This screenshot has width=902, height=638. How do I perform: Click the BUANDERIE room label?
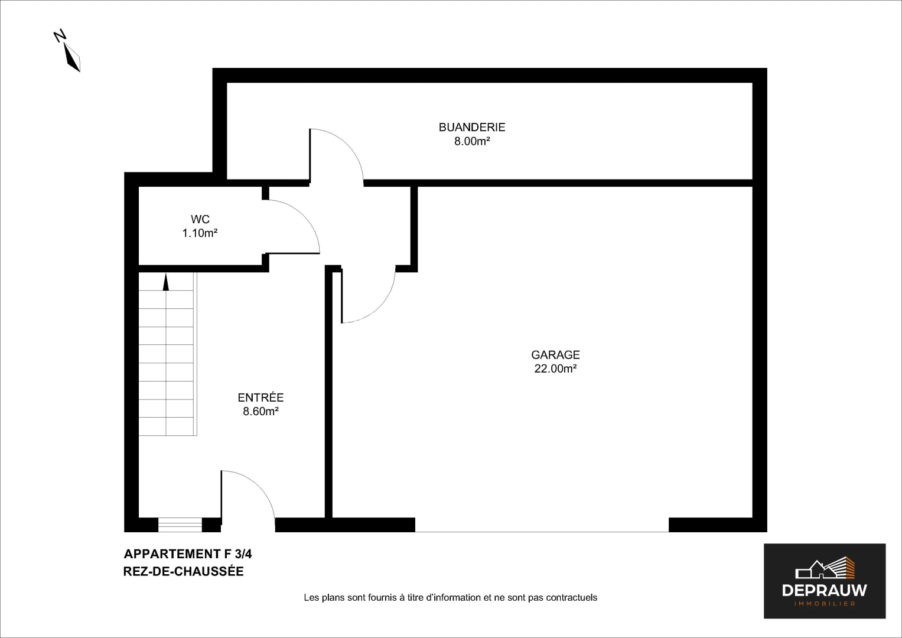[x=471, y=127]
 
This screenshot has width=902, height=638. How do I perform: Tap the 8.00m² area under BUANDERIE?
[x=471, y=141]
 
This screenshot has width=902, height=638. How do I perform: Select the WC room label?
[x=200, y=220]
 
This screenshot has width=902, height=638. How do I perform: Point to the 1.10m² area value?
[x=200, y=233]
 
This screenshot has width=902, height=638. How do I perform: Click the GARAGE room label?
[x=555, y=355]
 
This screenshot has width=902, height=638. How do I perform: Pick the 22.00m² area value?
[x=555, y=369]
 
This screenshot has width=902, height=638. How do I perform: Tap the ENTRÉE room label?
[x=260, y=398]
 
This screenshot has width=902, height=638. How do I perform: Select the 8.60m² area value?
[x=260, y=411]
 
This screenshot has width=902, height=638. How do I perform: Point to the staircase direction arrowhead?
[x=166, y=283]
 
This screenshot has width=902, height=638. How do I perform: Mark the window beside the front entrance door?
[x=180, y=525]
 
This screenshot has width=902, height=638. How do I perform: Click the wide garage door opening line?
[x=542, y=531]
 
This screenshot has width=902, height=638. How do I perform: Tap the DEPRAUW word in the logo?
[x=824, y=590]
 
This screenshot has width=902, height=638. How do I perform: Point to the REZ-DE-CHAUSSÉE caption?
[x=183, y=571]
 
